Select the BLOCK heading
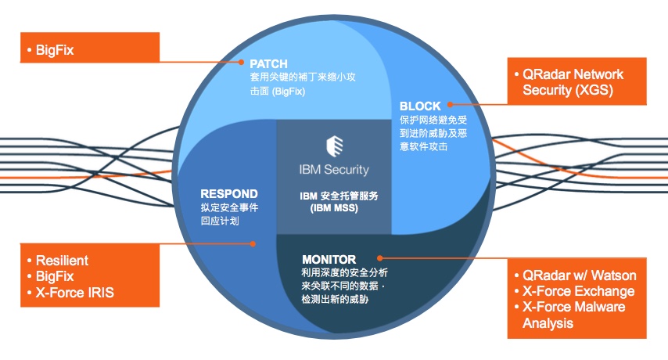(x=421, y=106)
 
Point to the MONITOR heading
(x=329, y=259)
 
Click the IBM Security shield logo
(x=334, y=147)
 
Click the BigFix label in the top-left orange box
(x=54, y=49)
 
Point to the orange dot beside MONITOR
(x=379, y=257)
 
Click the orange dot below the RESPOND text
(x=252, y=243)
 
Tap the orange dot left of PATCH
(x=243, y=62)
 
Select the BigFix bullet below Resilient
(x=54, y=276)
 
